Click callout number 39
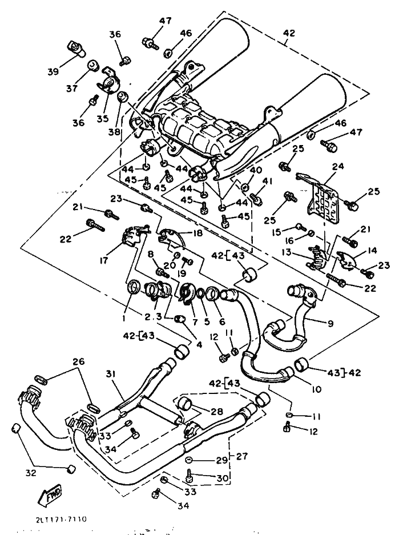[53, 72]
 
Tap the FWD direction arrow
[51, 496]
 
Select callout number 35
[102, 119]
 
